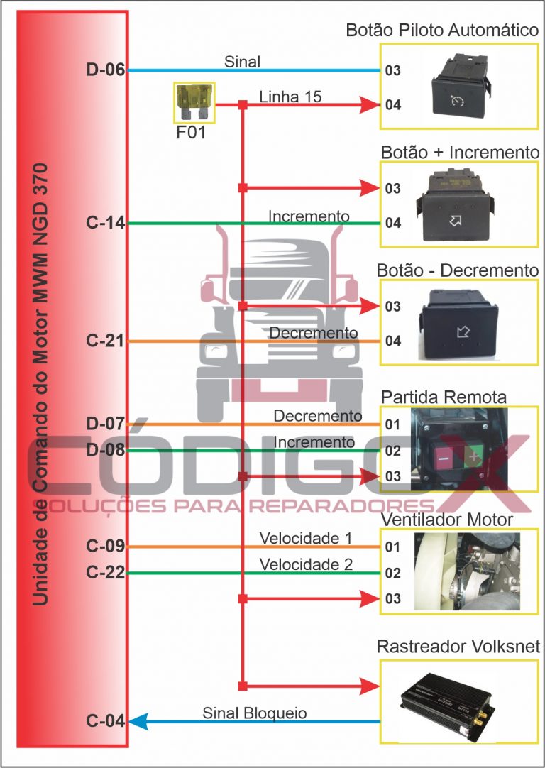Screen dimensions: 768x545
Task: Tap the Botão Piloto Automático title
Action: pos(442,31)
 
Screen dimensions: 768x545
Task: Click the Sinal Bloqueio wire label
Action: pos(255,713)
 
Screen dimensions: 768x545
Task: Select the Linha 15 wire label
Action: pos(290,96)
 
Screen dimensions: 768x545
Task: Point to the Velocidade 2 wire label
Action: pos(306,565)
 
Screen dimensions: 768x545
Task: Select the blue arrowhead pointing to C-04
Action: pos(137,722)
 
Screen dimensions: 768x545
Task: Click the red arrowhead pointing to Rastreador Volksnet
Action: pos(370,686)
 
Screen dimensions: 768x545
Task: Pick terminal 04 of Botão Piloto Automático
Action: pos(393,105)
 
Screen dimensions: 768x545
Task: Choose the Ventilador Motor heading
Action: pos(446,520)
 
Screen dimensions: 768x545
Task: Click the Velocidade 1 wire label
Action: pos(306,538)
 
